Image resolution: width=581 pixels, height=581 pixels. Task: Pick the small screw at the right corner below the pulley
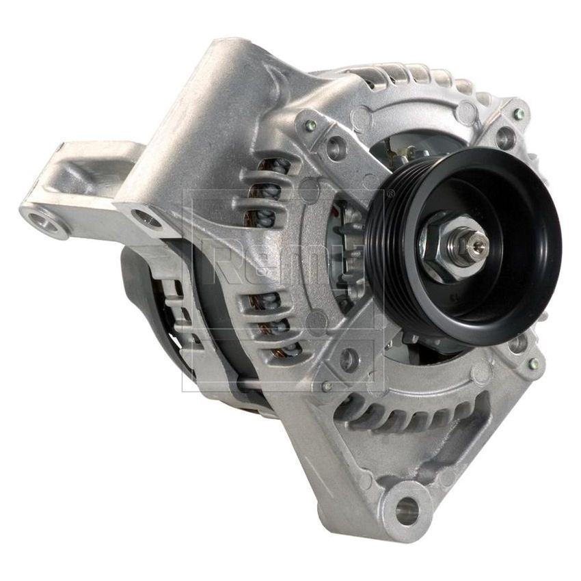[x=533, y=363]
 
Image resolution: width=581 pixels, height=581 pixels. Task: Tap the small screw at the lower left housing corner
[x=328, y=388]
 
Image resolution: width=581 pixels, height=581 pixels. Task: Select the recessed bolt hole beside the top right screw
[x=504, y=139]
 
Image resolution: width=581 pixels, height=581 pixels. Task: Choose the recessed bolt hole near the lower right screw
[x=517, y=342]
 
